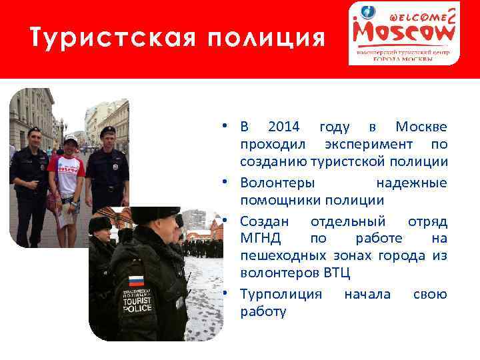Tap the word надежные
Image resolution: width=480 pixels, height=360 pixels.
coord(411,183)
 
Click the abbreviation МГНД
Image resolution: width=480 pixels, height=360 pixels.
coord(261,238)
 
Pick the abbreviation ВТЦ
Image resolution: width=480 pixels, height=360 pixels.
coord(336,273)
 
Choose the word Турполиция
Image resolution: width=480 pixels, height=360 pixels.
coord(281,293)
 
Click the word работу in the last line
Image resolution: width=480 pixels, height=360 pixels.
coord(263,311)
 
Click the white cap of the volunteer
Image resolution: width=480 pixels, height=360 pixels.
coord(71,139)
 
